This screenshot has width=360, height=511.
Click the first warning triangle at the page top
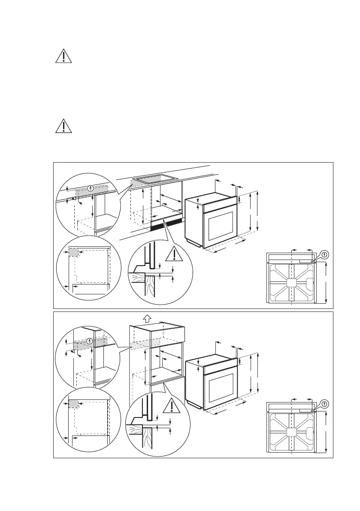click(63, 56)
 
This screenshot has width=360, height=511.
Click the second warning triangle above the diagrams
click(63, 125)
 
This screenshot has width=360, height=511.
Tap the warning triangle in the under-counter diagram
click(175, 254)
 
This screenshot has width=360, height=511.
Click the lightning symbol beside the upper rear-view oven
click(324, 254)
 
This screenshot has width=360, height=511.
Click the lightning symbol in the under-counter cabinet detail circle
click(90, 188)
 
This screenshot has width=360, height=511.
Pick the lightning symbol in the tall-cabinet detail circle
click(90, 342)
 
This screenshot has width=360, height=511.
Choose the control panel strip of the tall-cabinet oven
click(220, 366)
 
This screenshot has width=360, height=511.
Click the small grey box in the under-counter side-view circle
click(73, 252)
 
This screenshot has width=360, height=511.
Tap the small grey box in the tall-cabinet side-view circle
click(73, 404)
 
